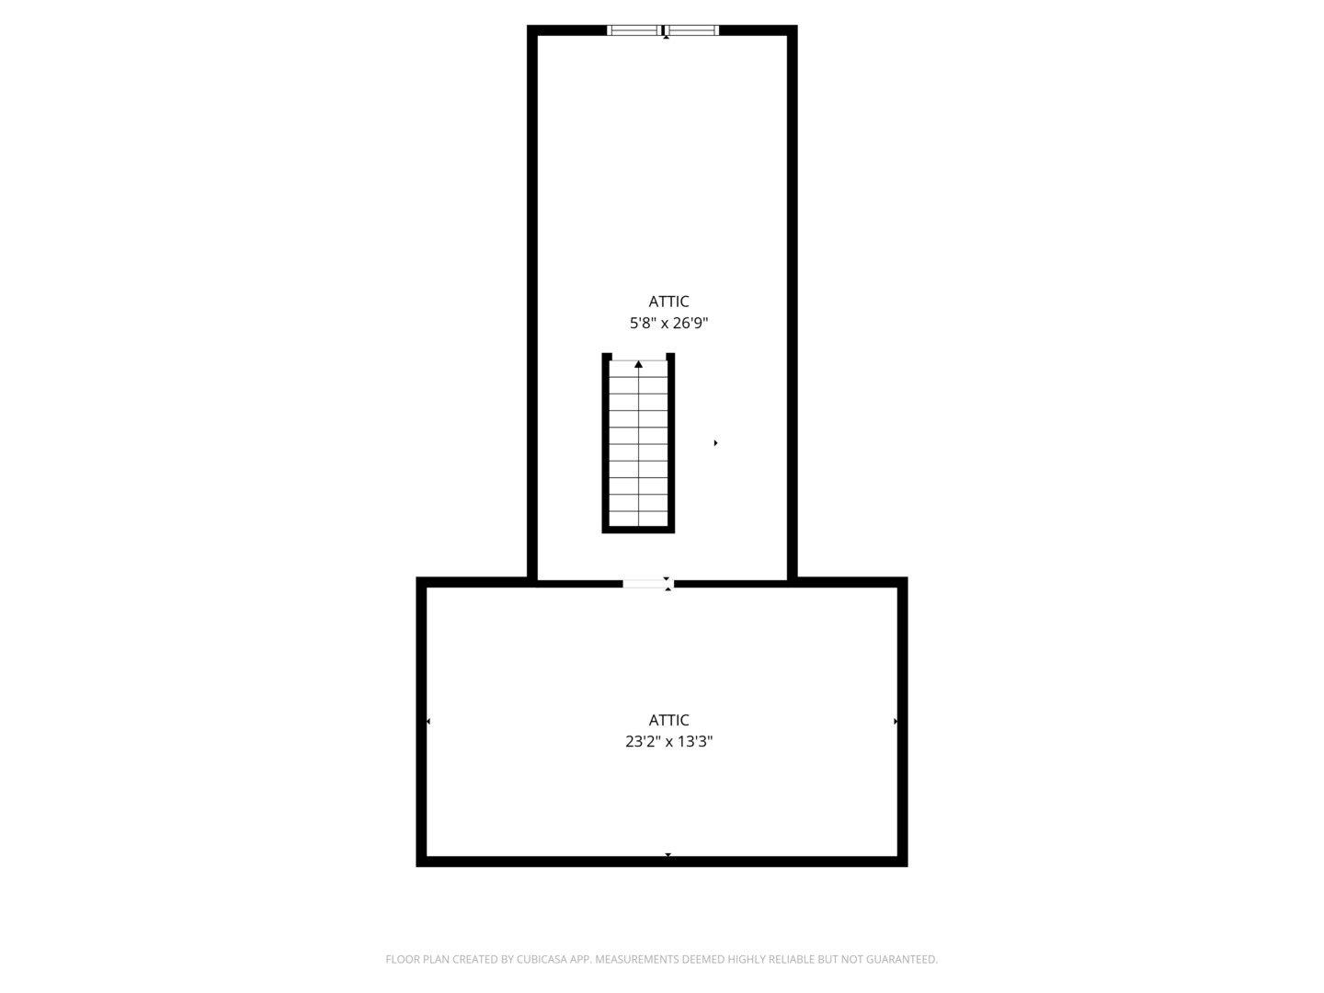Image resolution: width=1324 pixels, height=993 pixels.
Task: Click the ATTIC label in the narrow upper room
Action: pyautogui.click(x=668, y=302)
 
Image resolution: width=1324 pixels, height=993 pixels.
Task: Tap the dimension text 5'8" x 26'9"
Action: pyautogui.click(x=668, y=323)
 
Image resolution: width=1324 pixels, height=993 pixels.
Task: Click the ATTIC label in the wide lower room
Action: pyautogui.click(x=668, y=720)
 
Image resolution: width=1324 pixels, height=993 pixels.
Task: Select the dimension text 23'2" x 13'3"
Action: pyautogui.click(x=668, y=742)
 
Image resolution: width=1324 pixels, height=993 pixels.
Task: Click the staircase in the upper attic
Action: pyautogui.click(x=638, y=443)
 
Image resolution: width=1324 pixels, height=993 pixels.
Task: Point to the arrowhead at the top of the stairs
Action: pyautogui.click(x=638, y=364)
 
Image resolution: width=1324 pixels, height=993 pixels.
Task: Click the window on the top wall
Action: pyautogui.click(x=663, y=30)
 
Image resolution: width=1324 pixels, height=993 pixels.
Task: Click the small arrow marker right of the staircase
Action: pyautogui.click(x=715, y=443)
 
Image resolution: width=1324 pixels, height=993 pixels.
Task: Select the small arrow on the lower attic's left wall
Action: pyautogui.click(x=428, y=721)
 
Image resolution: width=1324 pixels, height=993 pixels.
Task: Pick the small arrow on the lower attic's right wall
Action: pyautogui.click(x=896, y=721)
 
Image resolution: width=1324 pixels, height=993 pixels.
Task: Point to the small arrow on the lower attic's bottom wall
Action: pyautogui.click(x=668, y=854)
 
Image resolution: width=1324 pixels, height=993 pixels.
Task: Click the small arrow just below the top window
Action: pyautogui.click(x=666, y=38)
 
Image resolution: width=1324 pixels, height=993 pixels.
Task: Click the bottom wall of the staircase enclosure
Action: pyautogui.click(x=638, y=530)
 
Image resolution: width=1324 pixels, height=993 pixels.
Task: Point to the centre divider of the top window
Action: pyautogui.click(x=663, y=30)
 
